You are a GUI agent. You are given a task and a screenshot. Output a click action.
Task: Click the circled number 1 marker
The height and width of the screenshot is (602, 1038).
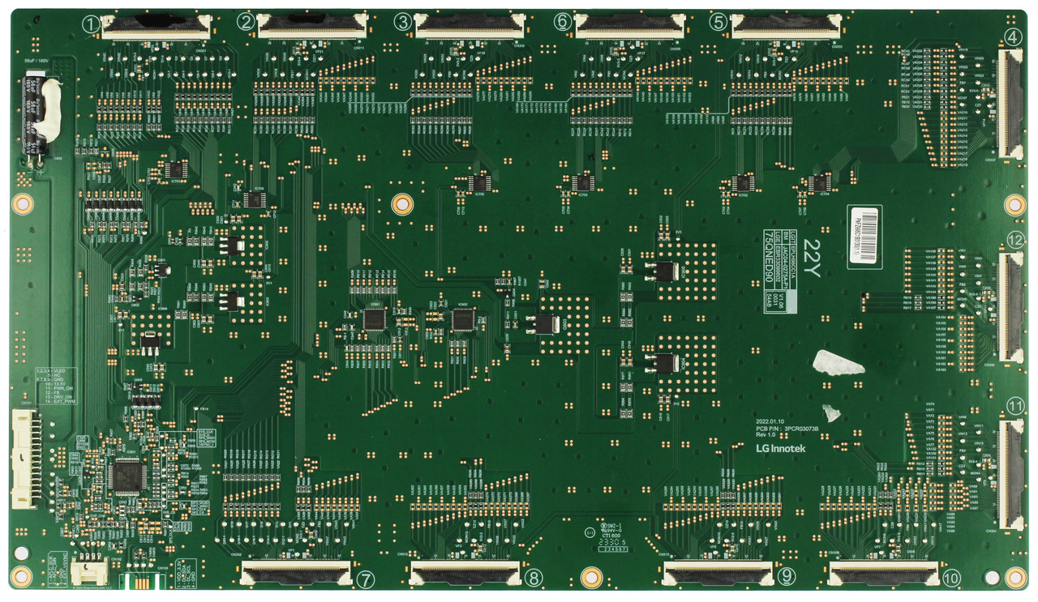click(x=90, y=23)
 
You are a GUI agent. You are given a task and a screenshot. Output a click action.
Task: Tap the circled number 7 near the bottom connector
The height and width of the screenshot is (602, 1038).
click(x=365, y=579)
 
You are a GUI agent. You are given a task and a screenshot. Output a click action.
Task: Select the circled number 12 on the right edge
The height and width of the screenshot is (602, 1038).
click(x=1014, y=240)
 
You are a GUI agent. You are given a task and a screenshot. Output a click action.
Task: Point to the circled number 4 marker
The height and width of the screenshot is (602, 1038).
click(x=1011, y=36)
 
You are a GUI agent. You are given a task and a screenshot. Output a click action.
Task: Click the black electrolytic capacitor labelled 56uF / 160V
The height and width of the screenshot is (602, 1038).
click(x=36, y=113)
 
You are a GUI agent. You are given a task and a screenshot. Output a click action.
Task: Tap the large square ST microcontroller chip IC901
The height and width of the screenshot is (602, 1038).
click(x=126, y=475)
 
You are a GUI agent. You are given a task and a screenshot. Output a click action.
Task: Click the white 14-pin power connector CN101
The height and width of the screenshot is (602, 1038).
click(x=24, y=457)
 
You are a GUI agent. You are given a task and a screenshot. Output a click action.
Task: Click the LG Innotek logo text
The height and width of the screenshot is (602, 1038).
click(x=780, y=448)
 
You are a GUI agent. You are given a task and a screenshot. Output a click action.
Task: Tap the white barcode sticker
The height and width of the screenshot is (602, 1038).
click(x=864, y=236)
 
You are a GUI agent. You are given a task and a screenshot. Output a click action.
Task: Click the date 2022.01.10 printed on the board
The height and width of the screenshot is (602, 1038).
click(x=771, y=422)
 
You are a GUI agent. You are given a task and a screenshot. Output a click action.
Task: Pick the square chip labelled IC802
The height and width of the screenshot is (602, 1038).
click(x=462, y=320)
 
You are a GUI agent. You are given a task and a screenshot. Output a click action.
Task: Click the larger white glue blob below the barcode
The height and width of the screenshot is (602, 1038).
click(x=839, y=364)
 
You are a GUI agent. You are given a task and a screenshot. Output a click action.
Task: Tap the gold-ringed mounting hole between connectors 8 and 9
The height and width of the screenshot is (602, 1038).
click(x=591, y=577)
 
